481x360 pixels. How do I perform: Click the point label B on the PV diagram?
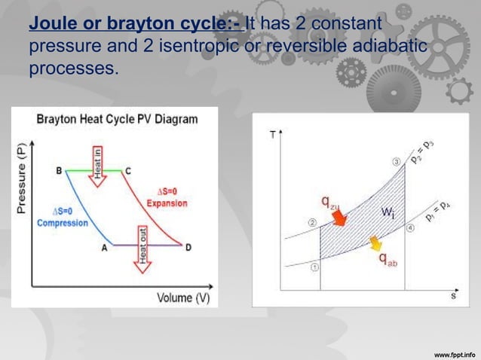click(60, 171)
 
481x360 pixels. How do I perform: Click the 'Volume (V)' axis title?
click(183, 297)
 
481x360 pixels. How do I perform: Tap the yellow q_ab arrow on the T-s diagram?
click(375, 243)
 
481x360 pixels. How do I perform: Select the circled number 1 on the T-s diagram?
click(314, 266)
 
